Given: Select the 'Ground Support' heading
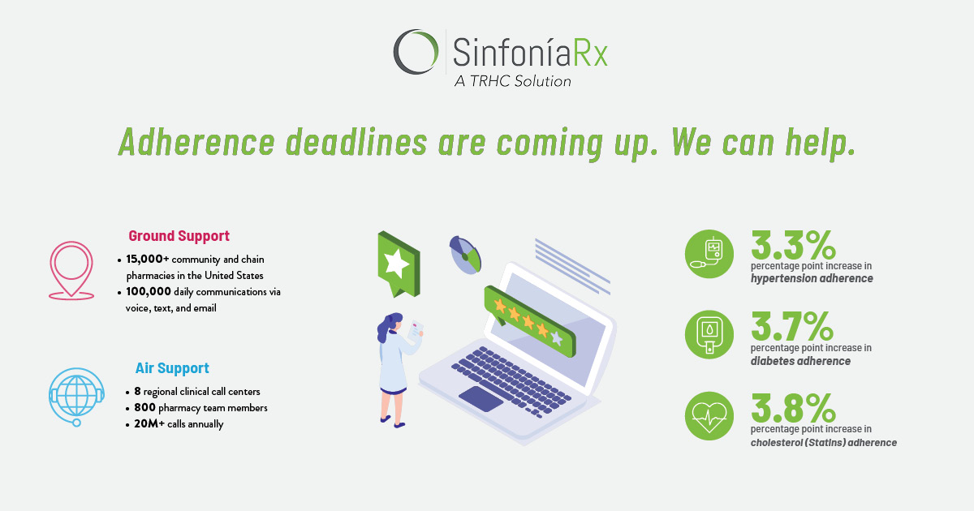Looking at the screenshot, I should click(x=179, y=236).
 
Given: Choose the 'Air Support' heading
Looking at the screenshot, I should click(x=172, y=368).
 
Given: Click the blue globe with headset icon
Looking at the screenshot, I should click(x=76, y=396).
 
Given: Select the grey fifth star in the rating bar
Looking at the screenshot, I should click(x=556, y=337).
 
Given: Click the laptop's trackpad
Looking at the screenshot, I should click(x=481, y=398).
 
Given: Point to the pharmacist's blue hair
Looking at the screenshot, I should click(x=388, y=328).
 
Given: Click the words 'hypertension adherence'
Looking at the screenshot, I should click(x=812, y=278).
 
